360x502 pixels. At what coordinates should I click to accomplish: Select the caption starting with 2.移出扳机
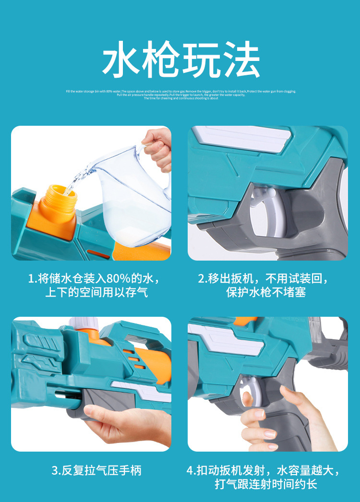(x=265, y=279)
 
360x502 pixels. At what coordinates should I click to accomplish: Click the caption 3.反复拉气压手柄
(x=96, y=470)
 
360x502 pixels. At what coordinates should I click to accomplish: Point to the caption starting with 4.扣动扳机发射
(x=265, y=470)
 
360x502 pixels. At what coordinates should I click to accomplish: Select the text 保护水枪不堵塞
(x=265, y=292)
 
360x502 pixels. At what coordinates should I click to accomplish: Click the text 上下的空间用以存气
(x=96, y=292)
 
